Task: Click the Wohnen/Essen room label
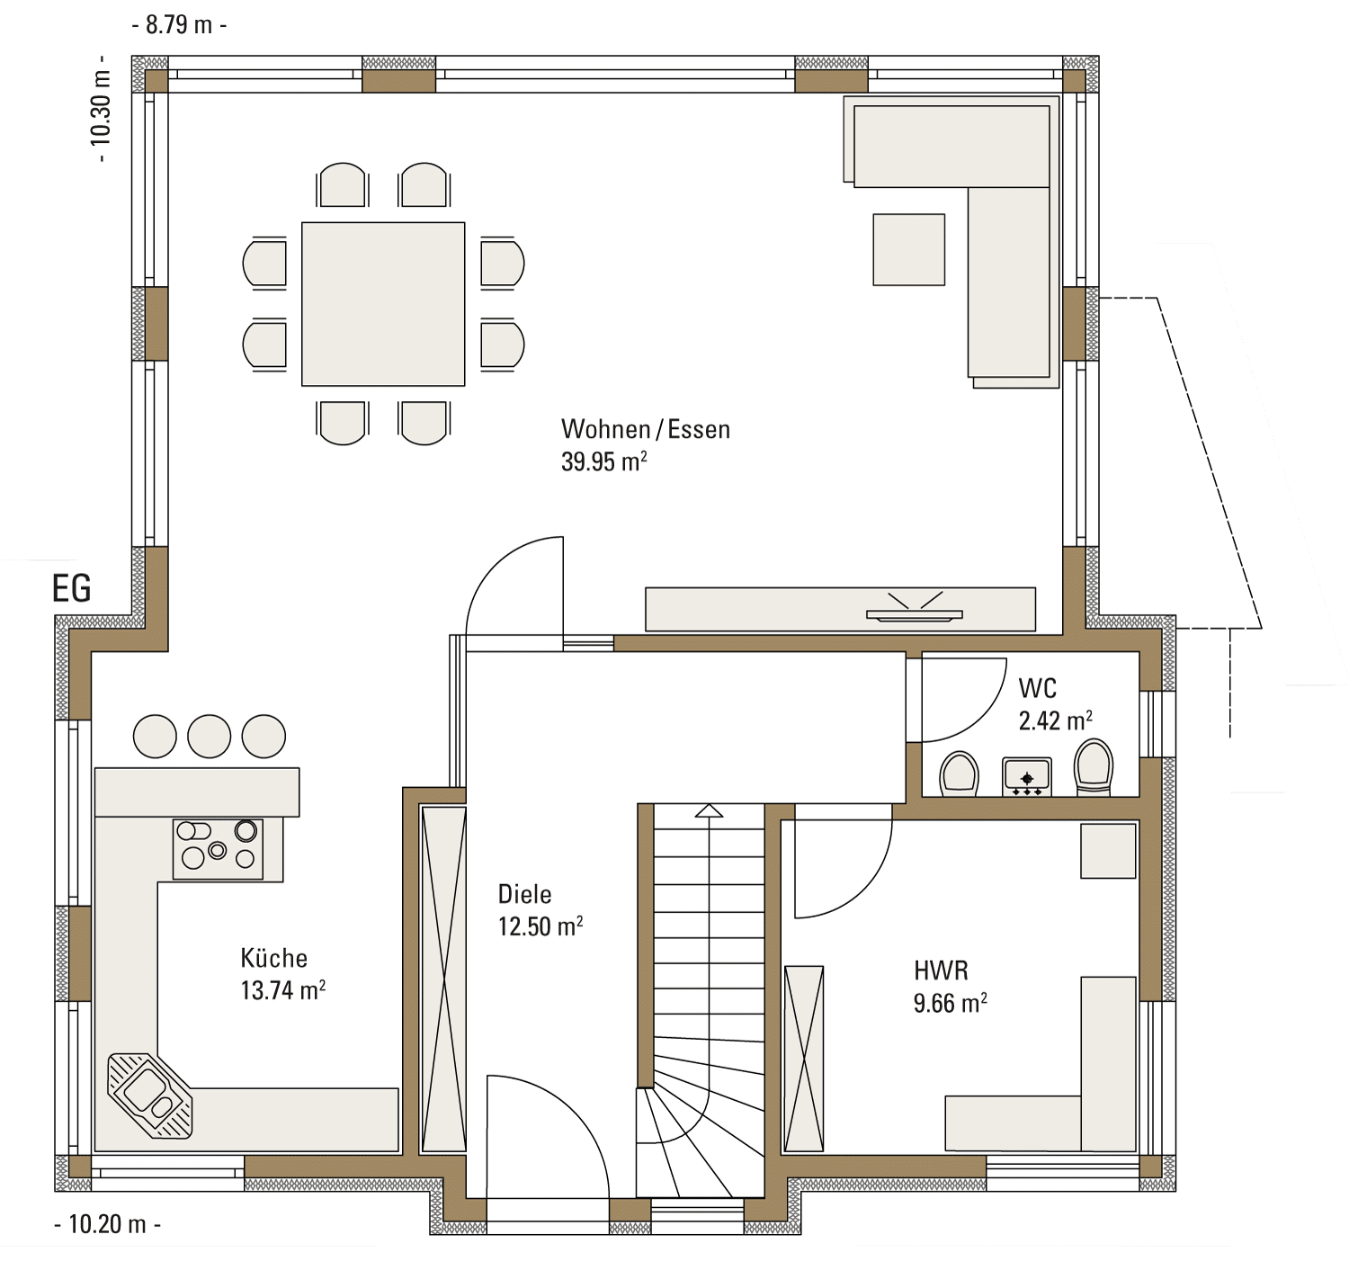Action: (x=646, y=429)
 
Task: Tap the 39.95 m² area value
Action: (x=604, y=461)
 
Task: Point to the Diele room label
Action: (x=525, y=894)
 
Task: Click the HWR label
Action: (x=941, y=970)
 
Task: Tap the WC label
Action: (x=1037, y=688)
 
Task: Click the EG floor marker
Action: (x=72, y=588)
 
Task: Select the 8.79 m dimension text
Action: (x=179, y=24)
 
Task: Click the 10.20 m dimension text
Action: (x=108, y=1224)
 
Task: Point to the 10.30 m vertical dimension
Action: (x=100, y=108)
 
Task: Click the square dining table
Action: (x=383, y=304)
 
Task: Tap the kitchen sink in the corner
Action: (x=150, y=1096)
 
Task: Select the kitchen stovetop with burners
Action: (x=219, y=848)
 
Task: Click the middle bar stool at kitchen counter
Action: (x=210, y=736)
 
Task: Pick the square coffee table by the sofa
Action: (x=909, y=249)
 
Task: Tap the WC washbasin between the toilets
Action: (x=1027, y=777)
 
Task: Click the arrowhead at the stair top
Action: (x=710, y=811)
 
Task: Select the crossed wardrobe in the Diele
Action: (x=443, y=979)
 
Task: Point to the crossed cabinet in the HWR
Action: (x=804, y=1058)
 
